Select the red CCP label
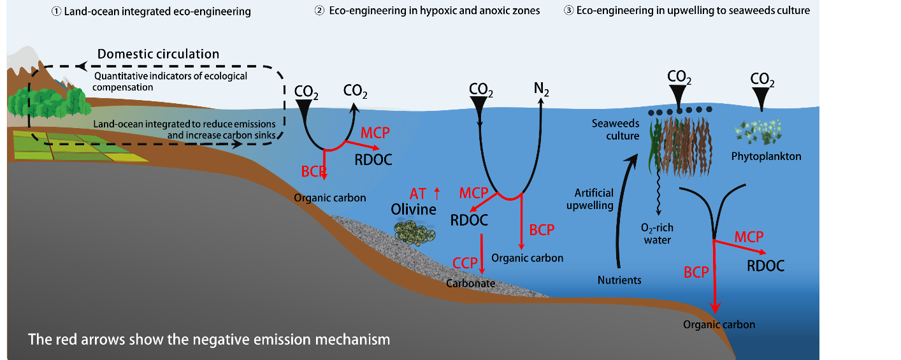(465, 263)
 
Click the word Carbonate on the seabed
(471, 283)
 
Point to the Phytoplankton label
(765, 156)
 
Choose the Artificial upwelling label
(594, 199)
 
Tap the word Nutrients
(619, 280)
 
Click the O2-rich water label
(657, 234)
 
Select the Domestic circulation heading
(158, 54)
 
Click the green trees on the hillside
(48, 102)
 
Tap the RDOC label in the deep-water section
(765, 266)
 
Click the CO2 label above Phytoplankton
(762, 80)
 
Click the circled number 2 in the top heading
(320, 11)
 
